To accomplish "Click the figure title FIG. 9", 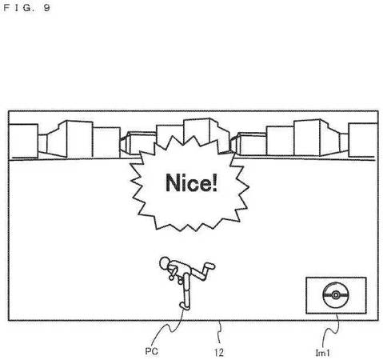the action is click(x=26, y=7).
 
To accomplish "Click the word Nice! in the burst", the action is click(x=192, y=183).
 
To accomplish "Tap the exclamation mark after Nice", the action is click(x=215, y=182).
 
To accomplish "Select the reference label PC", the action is click(x=152, y=351).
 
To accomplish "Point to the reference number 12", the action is click(x=218, y=353).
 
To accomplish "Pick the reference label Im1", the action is click(x=322, y=353).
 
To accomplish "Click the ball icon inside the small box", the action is click(x=336, y=295).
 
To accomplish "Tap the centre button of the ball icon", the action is click(x=336, y=295).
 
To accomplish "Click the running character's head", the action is click(x=165, y=262).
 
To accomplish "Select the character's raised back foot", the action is click(x=209, y=266).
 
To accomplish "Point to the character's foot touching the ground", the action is click(x=185, y=306).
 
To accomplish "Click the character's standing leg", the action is click(x=186, y=290).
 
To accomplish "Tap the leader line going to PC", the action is click(x=169, y=328).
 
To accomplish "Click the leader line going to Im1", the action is click(x=331, y=330).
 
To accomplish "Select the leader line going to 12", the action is click(x=220, y=333).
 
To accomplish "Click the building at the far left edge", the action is click(x=23, y=141).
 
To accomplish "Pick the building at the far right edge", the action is click(x=363, y=140).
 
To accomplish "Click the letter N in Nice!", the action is click(x=174, y=182).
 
